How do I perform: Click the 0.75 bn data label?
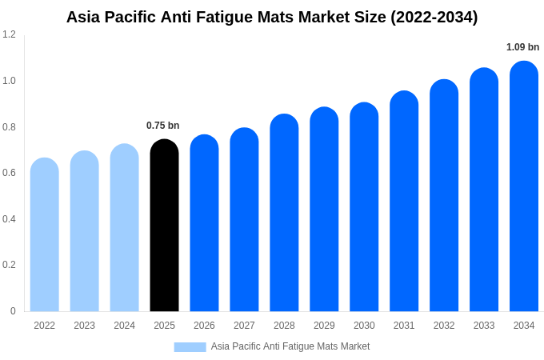pyautogui.click(x=163, y=126)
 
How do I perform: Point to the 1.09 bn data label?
pyautogui.click(x=522, y=47)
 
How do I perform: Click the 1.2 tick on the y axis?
pyautogui.click(x=9, y=34)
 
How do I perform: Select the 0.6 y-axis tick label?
pyautogui.click(x=9, y=173)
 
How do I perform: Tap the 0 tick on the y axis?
pyautogui.click(x=13, y=311)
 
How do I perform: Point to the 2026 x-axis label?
pyautogui.click(x=204, y=326)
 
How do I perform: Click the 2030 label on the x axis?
pyautogui.click(x=364, y=326)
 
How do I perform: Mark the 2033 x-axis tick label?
pyautogui.click(x=484, y=326)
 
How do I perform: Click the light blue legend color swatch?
pyautogui.click(x=190, y=347)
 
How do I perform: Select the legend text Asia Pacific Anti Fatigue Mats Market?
pyautogui.click(x=290, y=346)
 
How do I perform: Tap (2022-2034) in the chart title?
pyautogui.click(x=434, y=17)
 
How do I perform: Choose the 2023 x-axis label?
pyautogui.click(x=84, y=326)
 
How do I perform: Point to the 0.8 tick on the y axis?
pyautogui.click(x=9, y=126)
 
